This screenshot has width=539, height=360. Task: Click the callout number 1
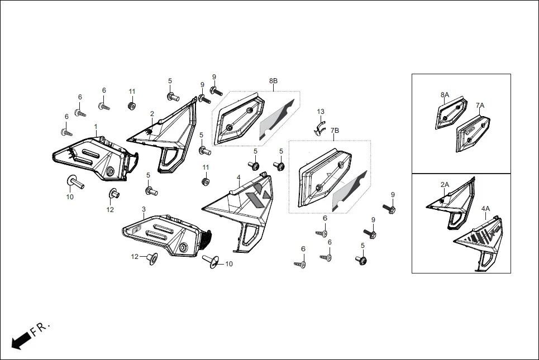click(96, 127)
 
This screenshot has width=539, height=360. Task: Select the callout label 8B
click(273, 81)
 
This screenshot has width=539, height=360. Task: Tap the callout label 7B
click(334, 131)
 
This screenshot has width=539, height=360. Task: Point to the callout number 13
click(321, 112)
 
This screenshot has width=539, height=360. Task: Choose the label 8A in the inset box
click(445, 95)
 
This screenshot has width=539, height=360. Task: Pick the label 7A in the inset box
click(480, 105)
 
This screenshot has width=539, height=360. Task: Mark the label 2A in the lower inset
click(445, 185)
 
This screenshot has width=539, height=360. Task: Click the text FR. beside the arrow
click(40, 329)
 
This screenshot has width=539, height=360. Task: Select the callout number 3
click(144, 209)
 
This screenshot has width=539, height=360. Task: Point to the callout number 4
click(239, 177)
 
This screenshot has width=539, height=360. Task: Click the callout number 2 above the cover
click(152, 114)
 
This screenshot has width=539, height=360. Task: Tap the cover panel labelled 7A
click(473, 131)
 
